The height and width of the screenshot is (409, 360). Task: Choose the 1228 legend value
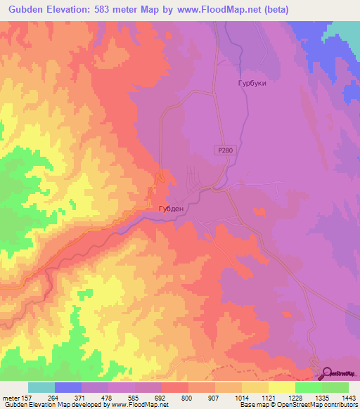(x=295, y=398)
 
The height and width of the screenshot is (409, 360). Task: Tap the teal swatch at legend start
(x=41, y=387)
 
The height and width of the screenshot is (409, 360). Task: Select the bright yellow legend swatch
(x=282, y=387)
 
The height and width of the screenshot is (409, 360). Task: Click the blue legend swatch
(x=68, y=387)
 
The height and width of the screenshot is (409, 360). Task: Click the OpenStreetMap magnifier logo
(x=328, y=373)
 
